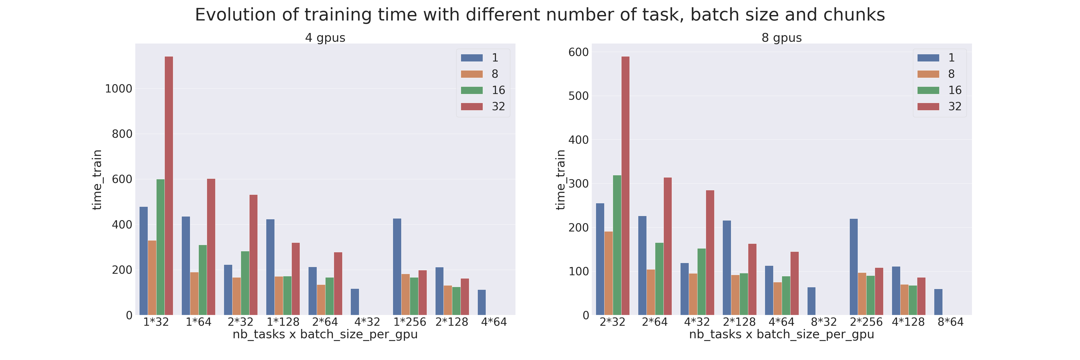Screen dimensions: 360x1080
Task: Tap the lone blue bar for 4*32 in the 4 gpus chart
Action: [x=355, y=302]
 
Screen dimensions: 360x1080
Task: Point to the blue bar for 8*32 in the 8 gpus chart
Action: [x=811, y=301]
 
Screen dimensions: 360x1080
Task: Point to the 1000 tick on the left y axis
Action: [x=118, y=89]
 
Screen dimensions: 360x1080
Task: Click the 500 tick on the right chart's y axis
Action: [x=578, y=96]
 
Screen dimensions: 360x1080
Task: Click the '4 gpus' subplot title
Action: [x=325, y=38]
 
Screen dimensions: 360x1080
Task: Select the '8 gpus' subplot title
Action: [x=781, y=38]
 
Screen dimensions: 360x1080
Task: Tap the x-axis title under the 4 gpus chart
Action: [x=325, y=334]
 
